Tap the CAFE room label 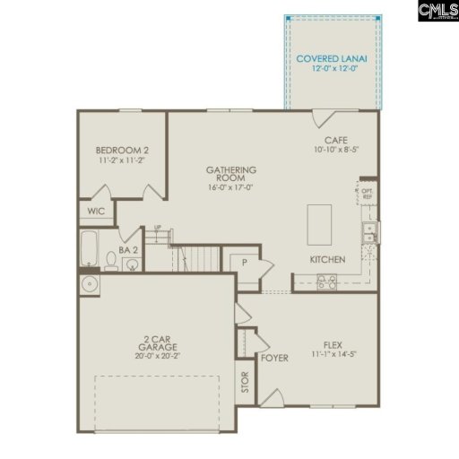click(x=337, y=141)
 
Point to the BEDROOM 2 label click(x=120, y=151)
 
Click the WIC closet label click(x=96, y=213)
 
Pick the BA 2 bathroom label click(x=128, y=252)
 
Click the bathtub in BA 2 click(x=89, y=248)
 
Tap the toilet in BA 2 click(x=110, y=261)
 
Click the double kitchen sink click(x=369, y=232)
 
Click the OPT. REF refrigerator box click(x=368, y=192)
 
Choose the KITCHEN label click(x=327, y=259)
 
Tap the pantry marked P click(x=243, y=262)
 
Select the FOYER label click(x=273, y=359)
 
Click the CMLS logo click(x=437, y=11)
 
